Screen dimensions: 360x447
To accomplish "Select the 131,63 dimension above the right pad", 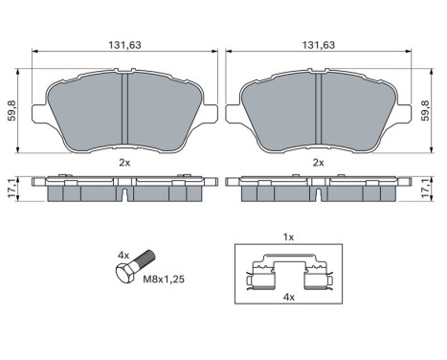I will [x=319, y=44].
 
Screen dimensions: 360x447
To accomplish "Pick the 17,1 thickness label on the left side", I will [x=11, y=189].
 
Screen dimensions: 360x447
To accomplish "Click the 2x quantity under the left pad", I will [x=124, y=163].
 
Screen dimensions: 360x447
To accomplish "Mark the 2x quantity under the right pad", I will [x=319, y=163].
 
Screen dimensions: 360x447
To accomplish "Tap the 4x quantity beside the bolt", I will [x=122, y=255].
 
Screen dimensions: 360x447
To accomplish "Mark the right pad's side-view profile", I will [x=320, y=188].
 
